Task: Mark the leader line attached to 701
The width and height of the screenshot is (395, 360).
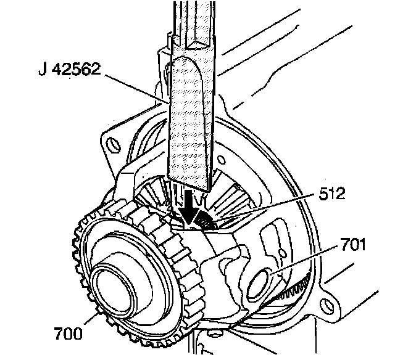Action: point(302,262)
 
